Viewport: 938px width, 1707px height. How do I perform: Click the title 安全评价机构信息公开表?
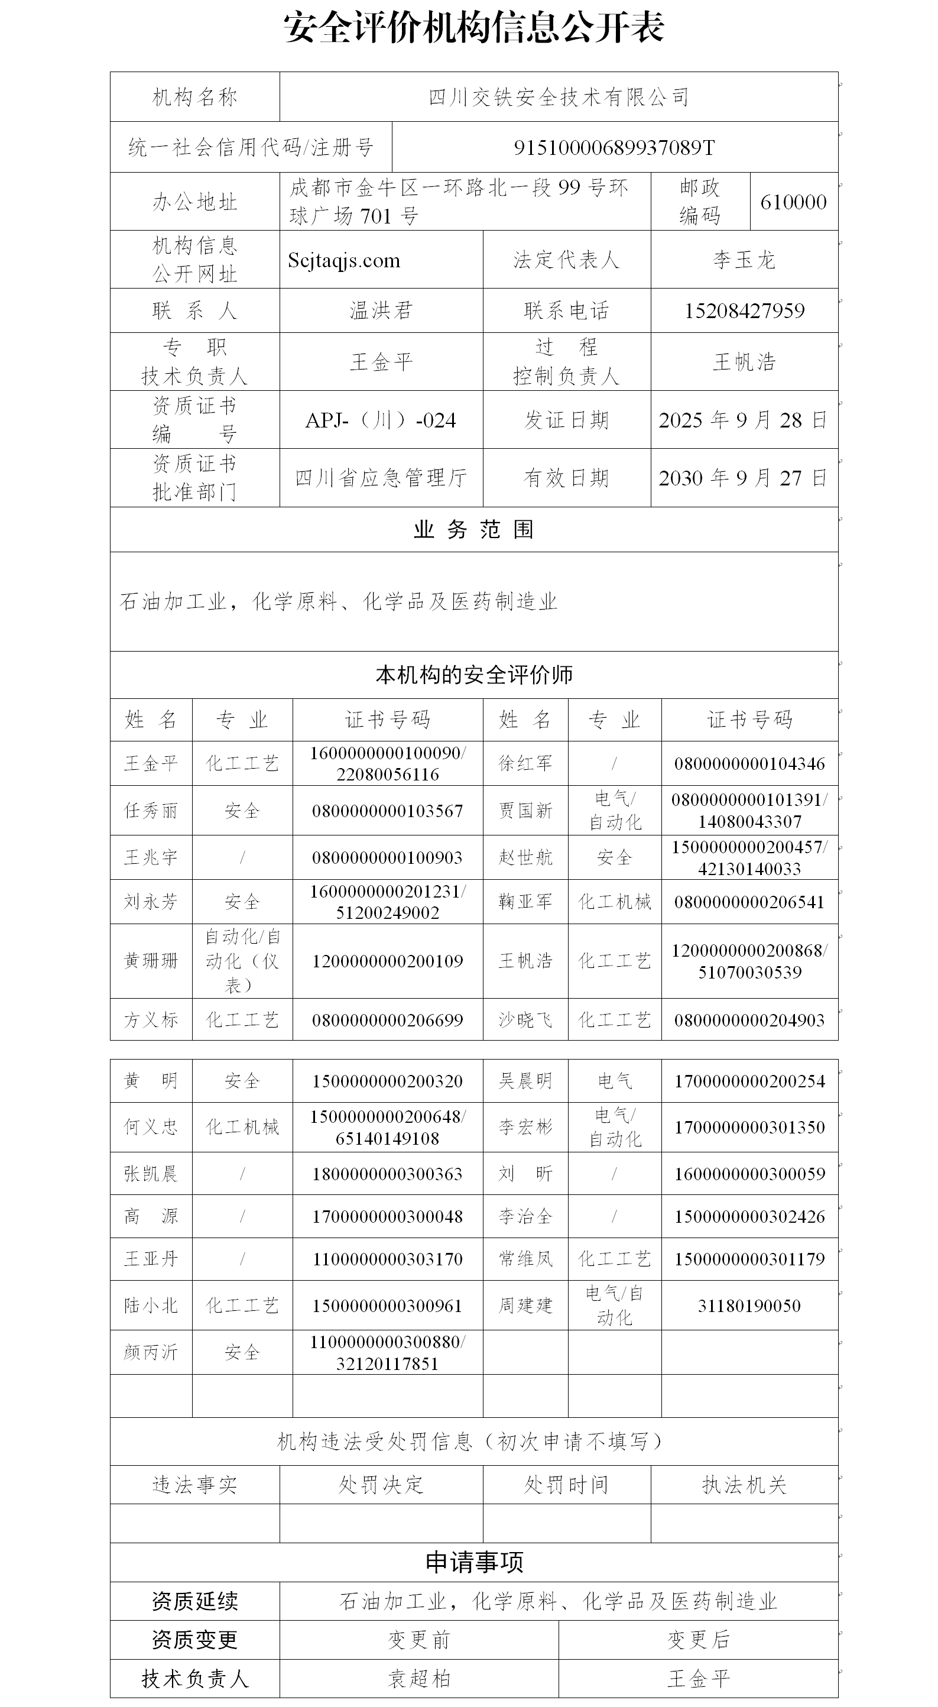point(473,28)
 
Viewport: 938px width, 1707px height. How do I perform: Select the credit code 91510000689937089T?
point(614,147)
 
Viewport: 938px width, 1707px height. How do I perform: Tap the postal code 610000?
point(793,202)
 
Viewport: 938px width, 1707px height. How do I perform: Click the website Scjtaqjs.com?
point(344,260)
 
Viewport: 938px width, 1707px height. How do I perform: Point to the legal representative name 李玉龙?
point(744,260)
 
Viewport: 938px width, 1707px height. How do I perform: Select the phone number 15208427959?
point(744,311)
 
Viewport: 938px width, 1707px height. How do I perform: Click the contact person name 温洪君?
point(381,311)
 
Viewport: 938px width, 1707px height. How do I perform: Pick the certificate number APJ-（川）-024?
point(381,420)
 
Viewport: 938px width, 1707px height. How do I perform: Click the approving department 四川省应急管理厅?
point(381,478)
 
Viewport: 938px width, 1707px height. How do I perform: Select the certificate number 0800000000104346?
point(749,764)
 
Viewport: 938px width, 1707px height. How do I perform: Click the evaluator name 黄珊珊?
point(151,961)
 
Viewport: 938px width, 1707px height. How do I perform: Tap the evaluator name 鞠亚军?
point(525,902)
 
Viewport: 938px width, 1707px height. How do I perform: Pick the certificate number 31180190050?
point(749,1306)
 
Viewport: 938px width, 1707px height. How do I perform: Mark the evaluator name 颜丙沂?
point(151,1352)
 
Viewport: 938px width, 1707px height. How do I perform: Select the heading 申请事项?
point(473,1563)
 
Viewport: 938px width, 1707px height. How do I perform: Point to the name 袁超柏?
point(418,1679)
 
